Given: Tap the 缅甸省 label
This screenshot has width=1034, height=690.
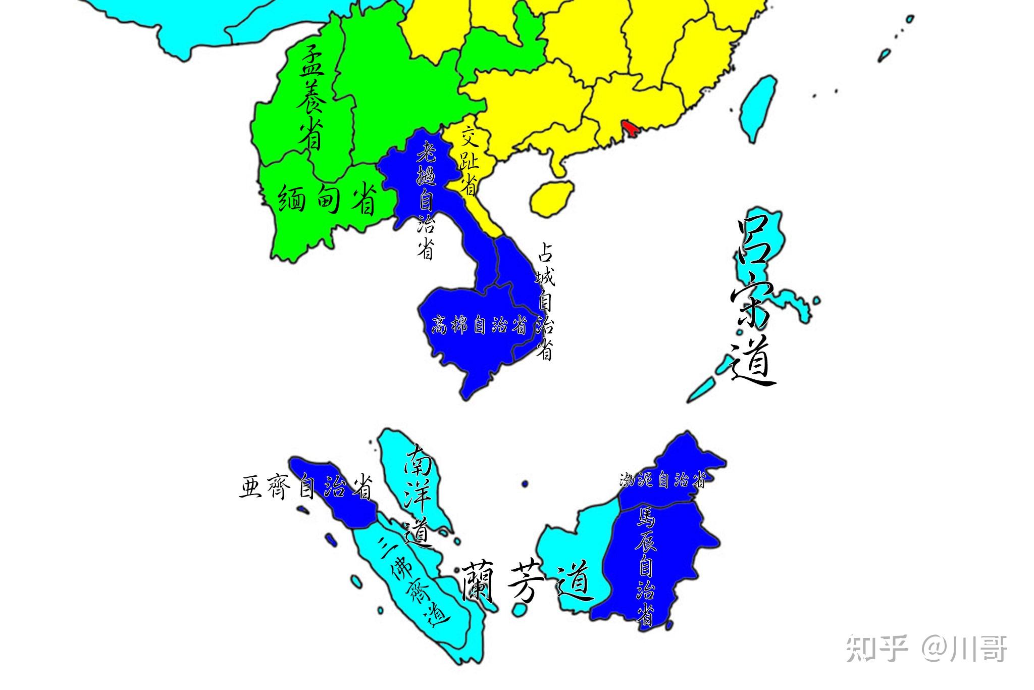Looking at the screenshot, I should pyautogui.click(x=327, y=199).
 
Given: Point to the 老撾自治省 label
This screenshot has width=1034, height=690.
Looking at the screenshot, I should pyautogui.click(x=426, y=200).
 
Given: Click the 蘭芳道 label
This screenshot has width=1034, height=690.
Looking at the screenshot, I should pyautogui.click(x=525, y=582).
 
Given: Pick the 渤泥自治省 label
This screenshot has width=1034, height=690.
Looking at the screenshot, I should pyautogui.click(x=662, y=480).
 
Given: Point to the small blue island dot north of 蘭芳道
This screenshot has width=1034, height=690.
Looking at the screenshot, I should pyautogui.click(x=525, y=483).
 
